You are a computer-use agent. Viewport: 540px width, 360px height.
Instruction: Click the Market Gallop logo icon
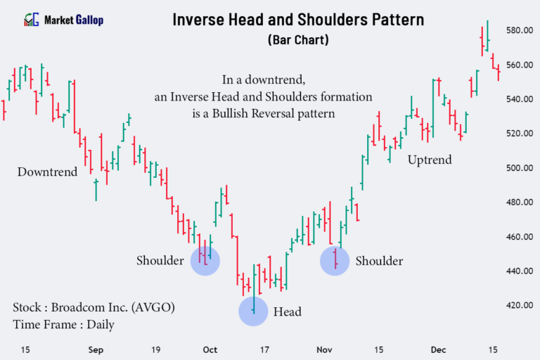click(x=32, y=20)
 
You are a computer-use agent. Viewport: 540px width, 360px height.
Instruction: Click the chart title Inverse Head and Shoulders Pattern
click(x=299, y=19)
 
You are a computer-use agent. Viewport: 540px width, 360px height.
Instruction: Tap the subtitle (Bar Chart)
click(x=299, y=40)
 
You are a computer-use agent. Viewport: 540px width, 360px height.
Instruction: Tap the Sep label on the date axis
click(x=96, y=349)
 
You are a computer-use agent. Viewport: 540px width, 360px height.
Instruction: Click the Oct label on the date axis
click(x=209, y=349)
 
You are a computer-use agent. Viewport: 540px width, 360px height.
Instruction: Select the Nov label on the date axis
click(x=324, y=349)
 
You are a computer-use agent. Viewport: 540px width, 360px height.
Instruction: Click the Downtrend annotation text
click(x=47, y=172)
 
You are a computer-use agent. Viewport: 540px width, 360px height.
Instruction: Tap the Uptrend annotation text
click(x=430, y=160)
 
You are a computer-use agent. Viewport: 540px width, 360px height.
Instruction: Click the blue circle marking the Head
click(x=253, y=311)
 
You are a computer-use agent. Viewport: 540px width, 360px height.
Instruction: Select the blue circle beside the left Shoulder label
click(x=205, y=260)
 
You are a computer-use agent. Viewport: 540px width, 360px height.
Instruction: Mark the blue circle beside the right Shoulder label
click(x=335, y=261)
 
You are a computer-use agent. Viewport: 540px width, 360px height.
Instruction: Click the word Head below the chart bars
click(x=287, y=311)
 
